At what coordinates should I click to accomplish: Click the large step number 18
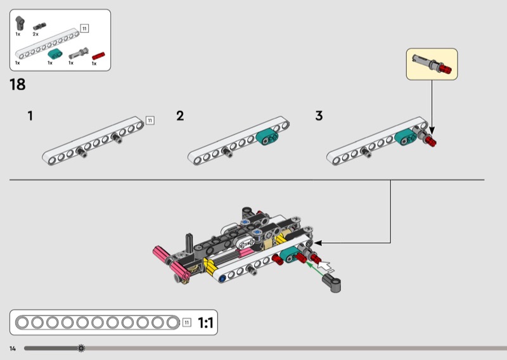tap(18, 84)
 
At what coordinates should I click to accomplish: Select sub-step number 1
tap(30, 116)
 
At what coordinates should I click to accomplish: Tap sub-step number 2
tap(180, 116)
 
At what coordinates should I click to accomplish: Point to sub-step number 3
tap(319, 116)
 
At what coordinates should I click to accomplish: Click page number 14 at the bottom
tap(13, 349)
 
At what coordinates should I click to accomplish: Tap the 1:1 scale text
tap(205, 323)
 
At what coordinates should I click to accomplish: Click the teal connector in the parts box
tap(55, 54)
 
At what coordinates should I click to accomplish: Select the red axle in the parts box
tap(98, 56)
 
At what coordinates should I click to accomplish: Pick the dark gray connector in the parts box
tap(20, 23)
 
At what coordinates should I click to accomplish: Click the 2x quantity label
tap(35, 34)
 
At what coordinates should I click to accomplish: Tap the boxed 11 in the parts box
tap(84, 29)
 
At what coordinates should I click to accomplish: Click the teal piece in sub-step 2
tap(267, 136)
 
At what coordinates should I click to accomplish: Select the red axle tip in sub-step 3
tap(431, 141)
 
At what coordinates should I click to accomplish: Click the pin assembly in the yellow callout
tap(432, 64)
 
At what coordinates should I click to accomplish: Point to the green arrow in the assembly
tap(315, 269)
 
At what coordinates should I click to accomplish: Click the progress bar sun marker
tap(81, 349)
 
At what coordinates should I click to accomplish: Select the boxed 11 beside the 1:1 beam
tap(186, 323)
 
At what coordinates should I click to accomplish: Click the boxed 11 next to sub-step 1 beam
tap(150, 120)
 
